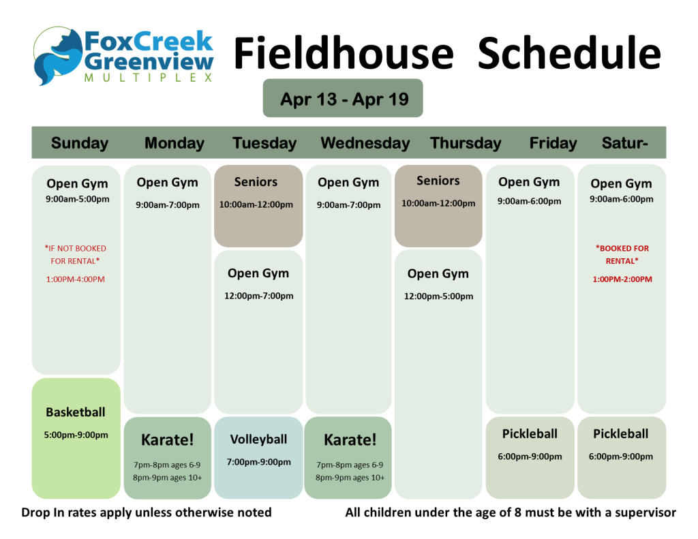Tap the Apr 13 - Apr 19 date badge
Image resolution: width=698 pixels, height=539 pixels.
pyautogui.click(x=343, y=98)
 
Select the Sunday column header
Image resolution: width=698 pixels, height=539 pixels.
pyautogui.click(x=80, y=143)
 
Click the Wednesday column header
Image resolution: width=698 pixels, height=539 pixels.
pyautogui.click(x=365, y=143)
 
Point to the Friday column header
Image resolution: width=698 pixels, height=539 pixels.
pyautogui.click(x=553, y=143)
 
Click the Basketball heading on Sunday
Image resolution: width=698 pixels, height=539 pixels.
pyautogui.click(x=76, y=412)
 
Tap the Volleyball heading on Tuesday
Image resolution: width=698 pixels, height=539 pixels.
pyautogui.click(x=258, y=440)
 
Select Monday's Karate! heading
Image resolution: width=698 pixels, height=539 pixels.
pyautogui.click(x=168, y=440)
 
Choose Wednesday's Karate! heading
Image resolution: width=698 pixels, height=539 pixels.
pyautogui.click(x=350, y=440)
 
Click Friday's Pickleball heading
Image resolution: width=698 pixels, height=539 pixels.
pyautogui.click(x=530, y=433)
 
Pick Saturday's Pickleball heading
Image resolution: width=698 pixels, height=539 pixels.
pyautogui.click(x=620, y=433)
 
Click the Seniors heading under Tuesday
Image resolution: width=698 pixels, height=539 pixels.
pyautogui.click(x=256, y=181)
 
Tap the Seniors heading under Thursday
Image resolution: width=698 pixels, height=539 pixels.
pyautogui.click(x=438, y=181)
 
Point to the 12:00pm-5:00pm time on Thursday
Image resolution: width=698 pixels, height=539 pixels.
pyautogui.click(x=438, y=296)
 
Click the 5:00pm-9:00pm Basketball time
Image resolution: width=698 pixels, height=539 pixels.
pyautogui.click(x=76, y=435)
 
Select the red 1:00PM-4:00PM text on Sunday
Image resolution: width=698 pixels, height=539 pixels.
pyautogui.click(x=75, y=279)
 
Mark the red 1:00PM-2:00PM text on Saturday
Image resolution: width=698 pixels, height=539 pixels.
pyautogui.click(x=622, y=279)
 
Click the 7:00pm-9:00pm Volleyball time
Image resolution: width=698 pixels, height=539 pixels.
pyautogui.click(x=258, y=462)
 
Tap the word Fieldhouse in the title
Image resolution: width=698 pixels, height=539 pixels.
pyautogui.click(x=344, y=52)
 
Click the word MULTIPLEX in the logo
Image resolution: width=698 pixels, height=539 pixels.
pyautogui.click(x=148, y=78)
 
